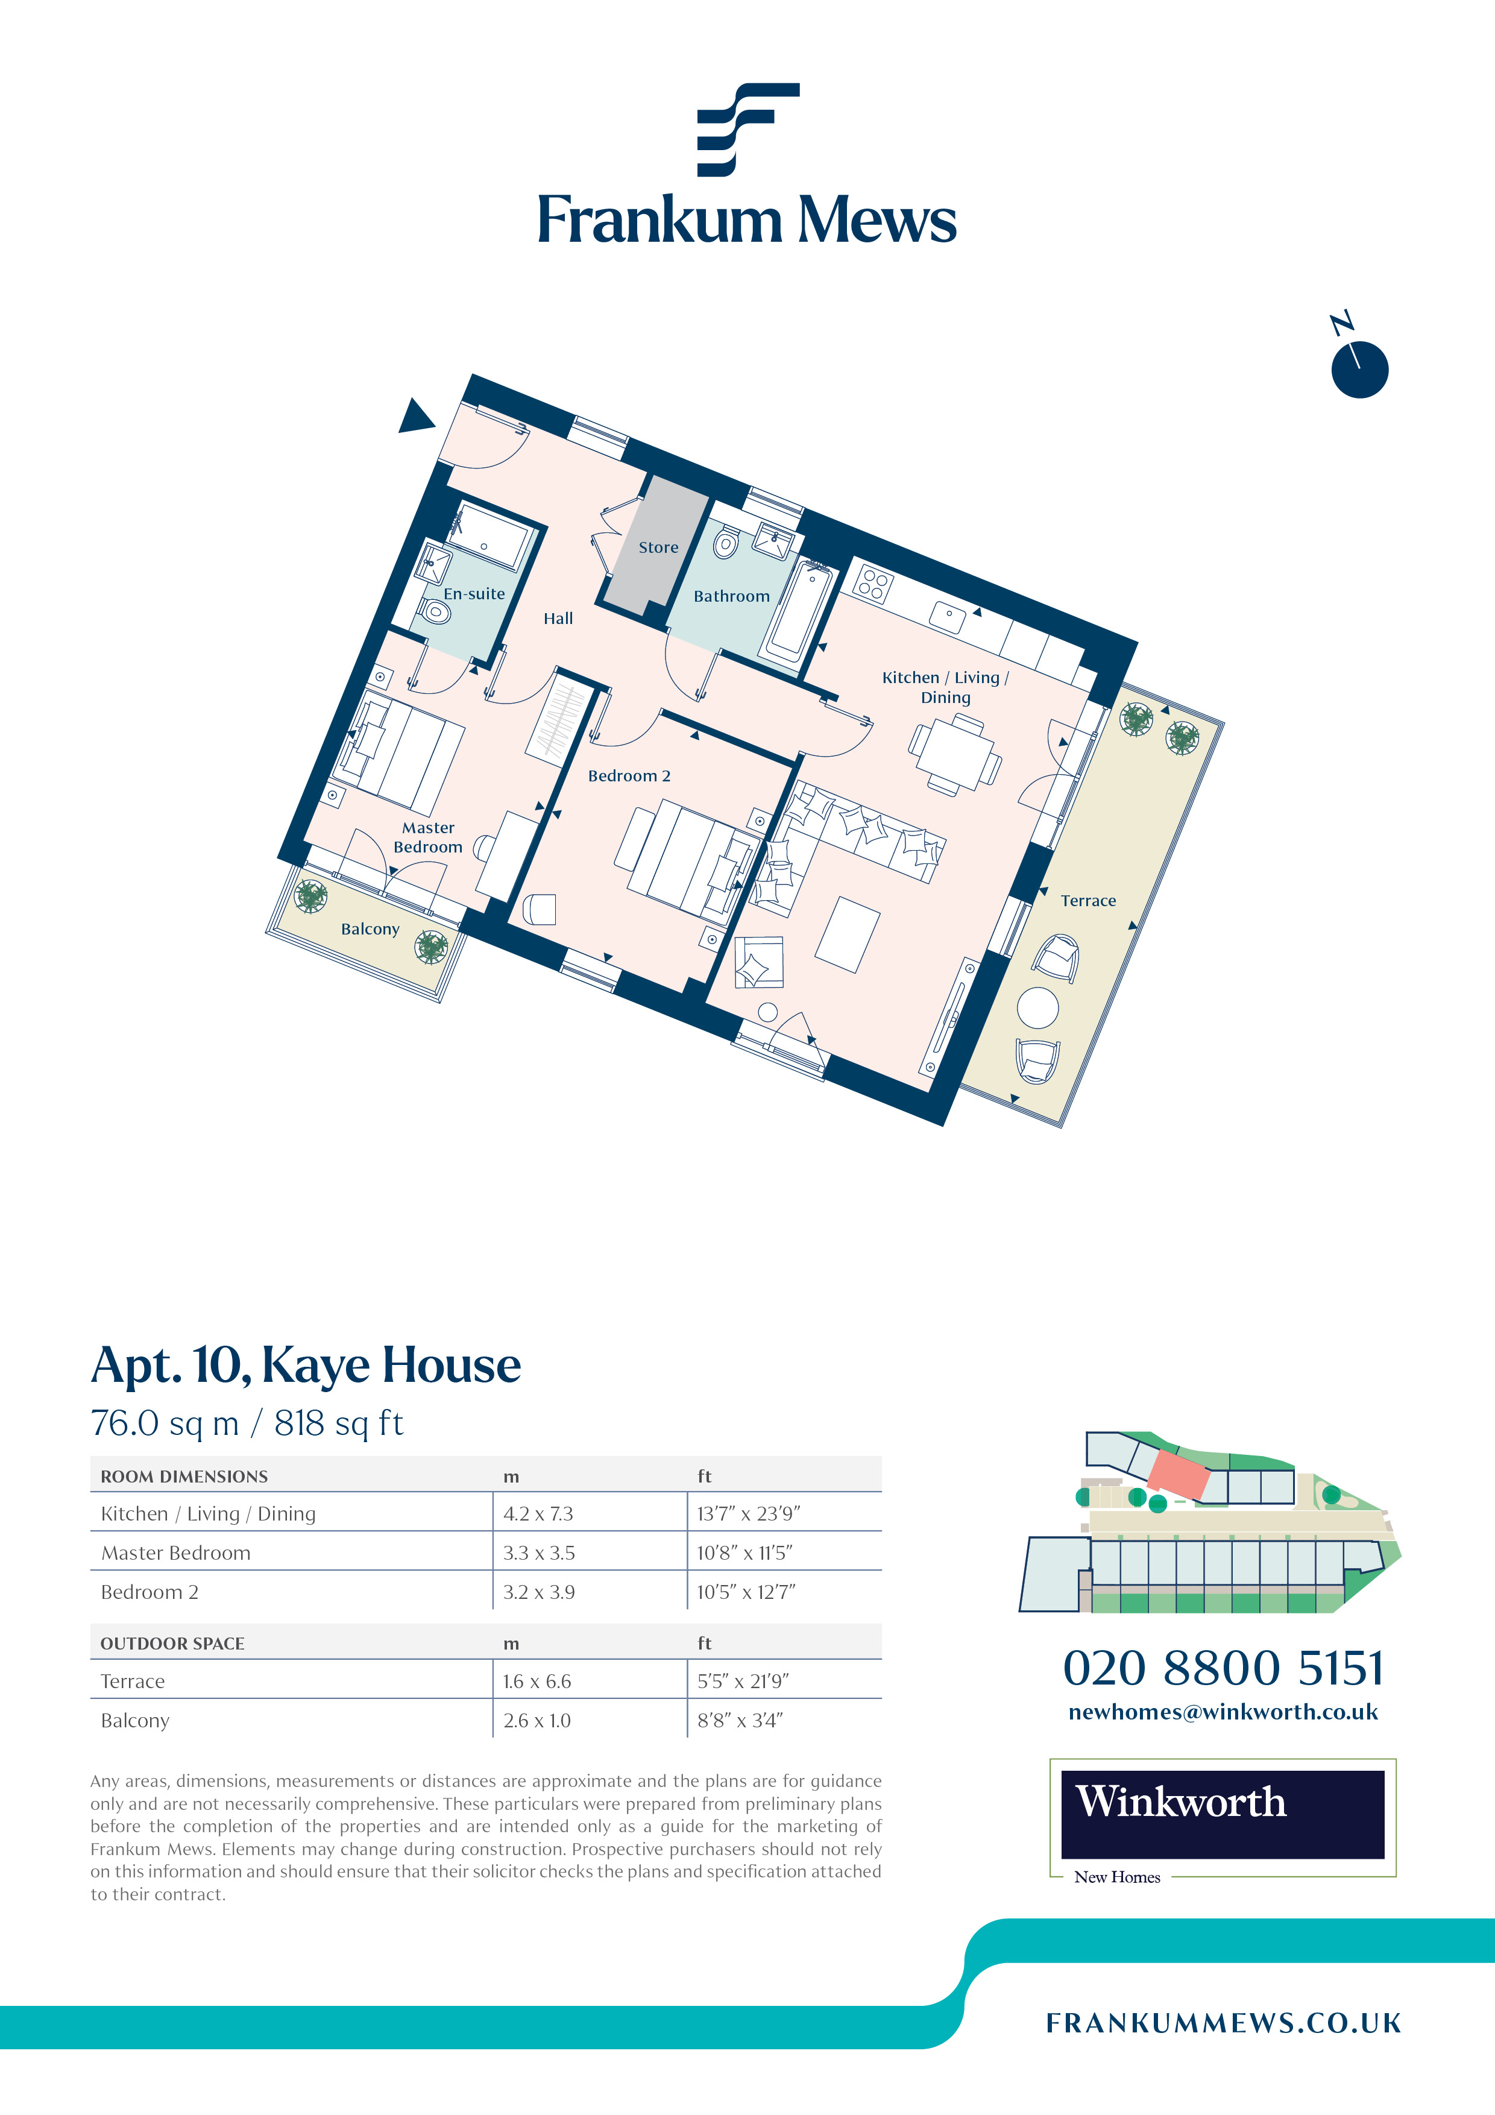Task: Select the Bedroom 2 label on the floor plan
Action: point(629,775)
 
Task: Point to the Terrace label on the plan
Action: point(1088,901)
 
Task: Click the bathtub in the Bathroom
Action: point(799,613)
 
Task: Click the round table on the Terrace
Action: point(1038,1007)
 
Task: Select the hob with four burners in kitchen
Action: point(874,583)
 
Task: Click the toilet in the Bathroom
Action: point(726,543)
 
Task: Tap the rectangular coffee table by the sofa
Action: point(848,935)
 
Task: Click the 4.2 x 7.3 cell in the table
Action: point(538,1513)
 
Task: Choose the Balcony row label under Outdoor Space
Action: point(136,1721)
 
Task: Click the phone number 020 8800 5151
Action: point(1223,1667)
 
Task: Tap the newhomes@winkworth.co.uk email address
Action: point(1223,1712)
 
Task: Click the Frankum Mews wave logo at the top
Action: point(747,129)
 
